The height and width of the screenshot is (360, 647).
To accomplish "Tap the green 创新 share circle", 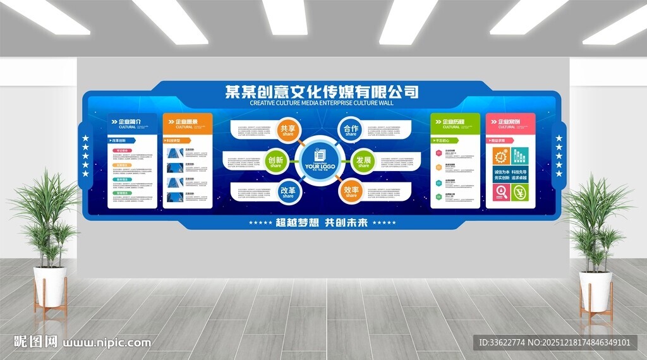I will point(275,161).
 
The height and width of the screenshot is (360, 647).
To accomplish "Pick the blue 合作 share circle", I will point(351,129).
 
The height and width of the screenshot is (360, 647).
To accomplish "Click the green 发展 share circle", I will point(363,161).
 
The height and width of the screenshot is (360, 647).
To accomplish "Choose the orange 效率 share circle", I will point(351,191).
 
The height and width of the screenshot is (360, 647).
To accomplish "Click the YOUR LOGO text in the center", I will point(320,167).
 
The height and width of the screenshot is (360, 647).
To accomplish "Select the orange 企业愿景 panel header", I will point(188,122).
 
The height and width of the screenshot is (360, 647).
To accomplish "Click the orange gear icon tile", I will point(502,155).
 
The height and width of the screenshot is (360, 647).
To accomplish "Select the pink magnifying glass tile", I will point(502,192).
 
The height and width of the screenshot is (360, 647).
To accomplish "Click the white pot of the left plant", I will point(50,285).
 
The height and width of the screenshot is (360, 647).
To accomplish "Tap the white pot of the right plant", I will point(596,291).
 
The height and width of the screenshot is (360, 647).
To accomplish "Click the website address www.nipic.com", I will point(107,343).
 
